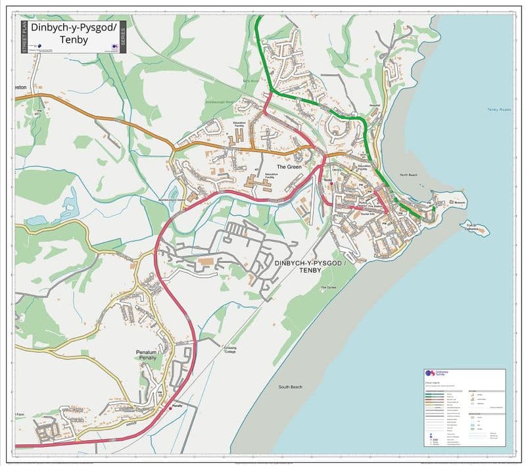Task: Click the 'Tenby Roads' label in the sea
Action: pos(499,110)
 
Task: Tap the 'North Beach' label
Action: pos(409,175)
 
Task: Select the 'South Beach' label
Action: pos(290,386)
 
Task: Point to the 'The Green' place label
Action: pos(289,167)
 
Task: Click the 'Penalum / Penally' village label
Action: pos(147,356)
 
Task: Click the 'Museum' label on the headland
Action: pos(459,202)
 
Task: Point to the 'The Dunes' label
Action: pos(328,288)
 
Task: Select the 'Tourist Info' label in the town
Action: pos(368,214)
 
